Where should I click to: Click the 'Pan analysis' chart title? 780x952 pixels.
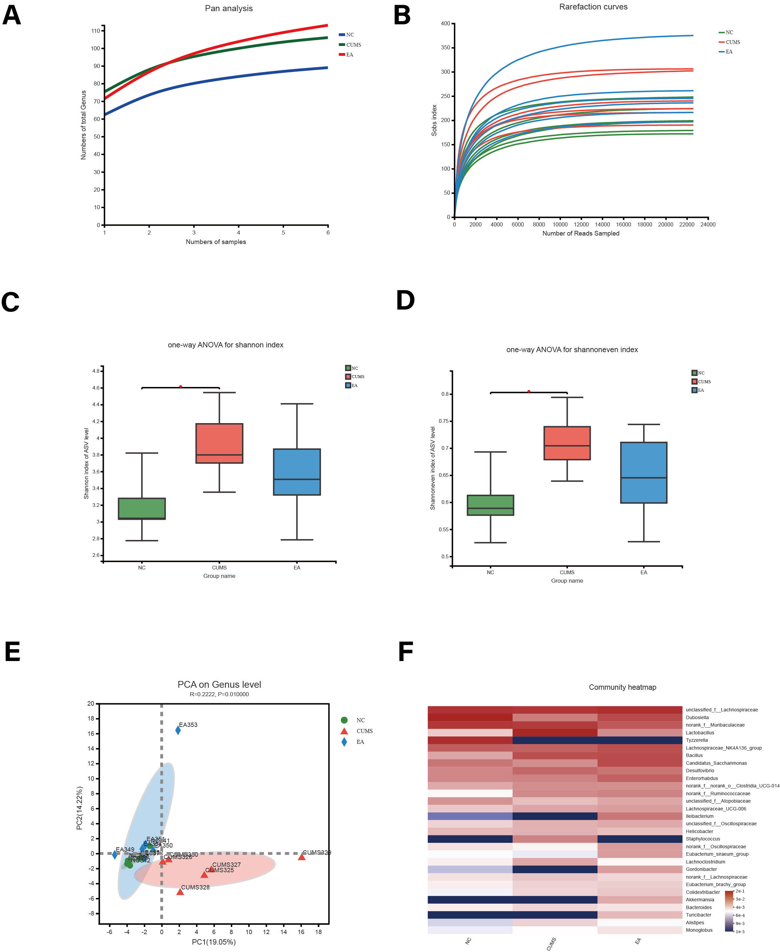(229, 8)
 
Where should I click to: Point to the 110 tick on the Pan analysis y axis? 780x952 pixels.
(96, 31)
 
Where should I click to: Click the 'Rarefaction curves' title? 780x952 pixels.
(593, 7)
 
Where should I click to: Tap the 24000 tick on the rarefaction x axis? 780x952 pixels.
(708, 225)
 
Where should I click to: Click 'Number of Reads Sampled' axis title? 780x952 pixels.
(581, 234)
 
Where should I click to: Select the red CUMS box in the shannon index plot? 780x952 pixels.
(219, 443)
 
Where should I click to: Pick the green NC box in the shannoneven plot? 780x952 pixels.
(490, 505)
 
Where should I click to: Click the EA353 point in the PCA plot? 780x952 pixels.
(178, 731)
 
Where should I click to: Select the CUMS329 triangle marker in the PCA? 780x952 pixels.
(301, 857)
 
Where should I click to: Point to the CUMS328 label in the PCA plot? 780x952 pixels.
(195, 887)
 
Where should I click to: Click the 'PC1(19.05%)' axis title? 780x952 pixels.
(214, 942)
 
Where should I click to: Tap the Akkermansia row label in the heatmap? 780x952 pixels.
(700, 900)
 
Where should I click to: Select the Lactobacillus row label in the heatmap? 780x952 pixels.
(700, 733)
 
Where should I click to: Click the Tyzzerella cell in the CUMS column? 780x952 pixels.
(555, 740)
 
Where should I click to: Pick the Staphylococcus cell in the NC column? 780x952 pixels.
(470, 839)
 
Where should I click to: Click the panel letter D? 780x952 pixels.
(405, 300)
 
